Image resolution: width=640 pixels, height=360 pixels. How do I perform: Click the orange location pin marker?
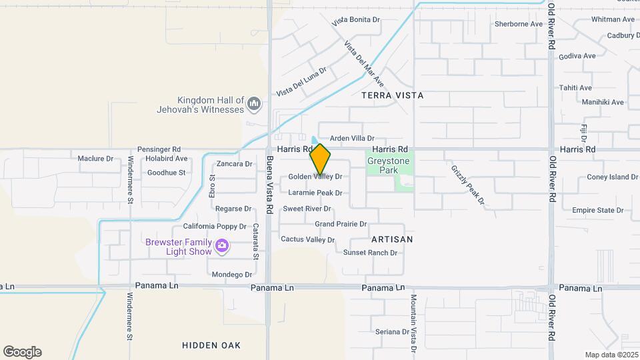point(320,159)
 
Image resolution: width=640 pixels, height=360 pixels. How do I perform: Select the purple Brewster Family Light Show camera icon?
point(223,247)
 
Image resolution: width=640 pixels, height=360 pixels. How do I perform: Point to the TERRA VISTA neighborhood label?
point(392,95)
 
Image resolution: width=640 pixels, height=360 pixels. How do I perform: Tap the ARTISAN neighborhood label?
point(392,239)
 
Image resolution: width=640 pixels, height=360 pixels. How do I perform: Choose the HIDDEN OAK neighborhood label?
point(211,345)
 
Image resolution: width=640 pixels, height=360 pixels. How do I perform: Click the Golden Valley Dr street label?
point(315,177)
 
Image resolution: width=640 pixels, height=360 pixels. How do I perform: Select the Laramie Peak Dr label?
point(315,193)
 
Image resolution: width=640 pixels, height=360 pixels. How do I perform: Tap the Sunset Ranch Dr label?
point(370,253)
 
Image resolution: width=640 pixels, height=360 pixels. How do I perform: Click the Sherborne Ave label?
point(519,24)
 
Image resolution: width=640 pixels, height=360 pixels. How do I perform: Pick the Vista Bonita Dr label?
point(356,21)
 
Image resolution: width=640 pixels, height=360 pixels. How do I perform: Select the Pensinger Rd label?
point(159,149)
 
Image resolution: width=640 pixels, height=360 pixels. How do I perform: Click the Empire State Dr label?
point(597,210)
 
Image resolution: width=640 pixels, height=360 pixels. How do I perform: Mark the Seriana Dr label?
point(391,331)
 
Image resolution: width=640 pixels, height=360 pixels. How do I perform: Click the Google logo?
point(22,352)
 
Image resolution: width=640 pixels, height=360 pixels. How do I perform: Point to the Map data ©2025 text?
point(610,355)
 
